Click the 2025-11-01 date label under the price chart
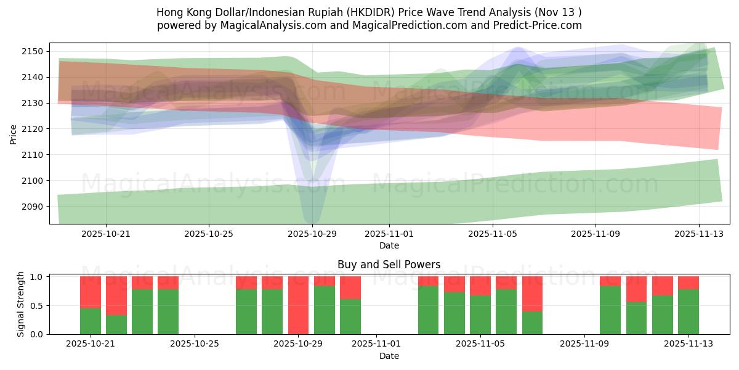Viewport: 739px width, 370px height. tap(389, 234)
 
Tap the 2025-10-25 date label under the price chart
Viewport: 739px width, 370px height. tap(209, 234)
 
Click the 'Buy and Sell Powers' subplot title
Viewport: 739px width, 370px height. tap(389, 265)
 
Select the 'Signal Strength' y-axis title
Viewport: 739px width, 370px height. tap(21, 305)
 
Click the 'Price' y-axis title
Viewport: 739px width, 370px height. tap(14, 133)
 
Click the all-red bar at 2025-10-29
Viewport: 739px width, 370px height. tap(299, 305)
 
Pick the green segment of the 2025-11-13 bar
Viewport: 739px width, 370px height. tap(689, 311)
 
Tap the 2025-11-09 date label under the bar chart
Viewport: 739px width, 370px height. tap(584, 344)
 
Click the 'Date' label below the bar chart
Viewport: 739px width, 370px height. tap(389, 356)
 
